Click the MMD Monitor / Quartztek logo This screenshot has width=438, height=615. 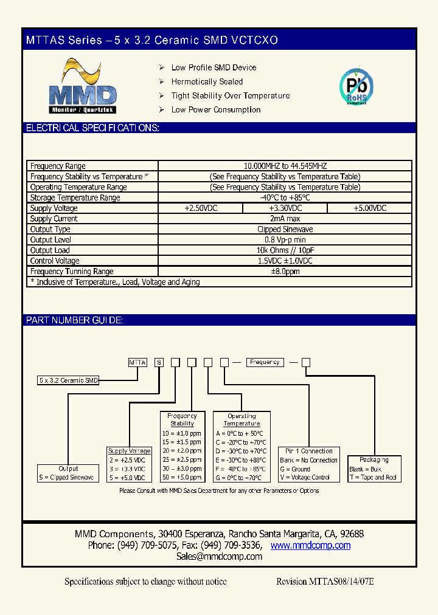coord(82,88)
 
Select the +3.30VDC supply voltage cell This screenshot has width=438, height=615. coord(285,208)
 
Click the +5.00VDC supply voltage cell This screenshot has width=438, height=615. coord(369,208)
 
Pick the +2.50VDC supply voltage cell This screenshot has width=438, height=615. coord(200,208)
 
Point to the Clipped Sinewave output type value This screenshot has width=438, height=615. coord(285,230)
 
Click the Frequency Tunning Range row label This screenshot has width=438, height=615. coord(72,272)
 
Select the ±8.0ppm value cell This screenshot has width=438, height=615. coord(285,272)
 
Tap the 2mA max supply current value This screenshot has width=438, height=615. coord(285,219)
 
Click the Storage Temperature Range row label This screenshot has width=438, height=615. coord(75,198)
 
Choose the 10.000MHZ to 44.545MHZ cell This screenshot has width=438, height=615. coord(285,166)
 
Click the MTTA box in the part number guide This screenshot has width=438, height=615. coord(137,362)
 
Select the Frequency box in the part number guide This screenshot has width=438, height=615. coord(265,362)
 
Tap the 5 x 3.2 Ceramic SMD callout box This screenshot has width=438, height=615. coord(68,380)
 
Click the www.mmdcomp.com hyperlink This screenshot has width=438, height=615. coord(310,546)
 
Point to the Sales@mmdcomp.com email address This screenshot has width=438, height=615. coord(219,557)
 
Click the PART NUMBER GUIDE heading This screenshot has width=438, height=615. coord(74,320)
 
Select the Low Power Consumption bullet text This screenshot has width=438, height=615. coord(216,110)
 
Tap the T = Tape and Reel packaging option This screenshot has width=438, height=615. coord(373,478)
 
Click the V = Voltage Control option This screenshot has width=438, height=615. coord(305,478)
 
